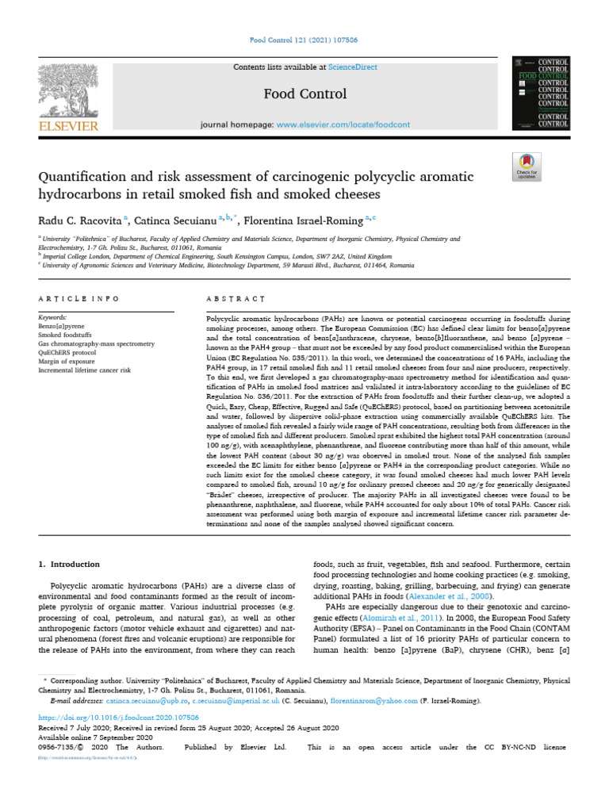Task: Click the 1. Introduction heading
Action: pyautogui.click(x=70, y=564)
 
